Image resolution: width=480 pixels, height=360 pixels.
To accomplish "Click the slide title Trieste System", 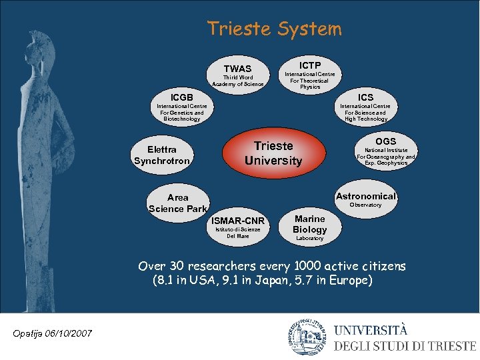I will point(274,29).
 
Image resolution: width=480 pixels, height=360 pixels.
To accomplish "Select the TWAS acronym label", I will point(237,69).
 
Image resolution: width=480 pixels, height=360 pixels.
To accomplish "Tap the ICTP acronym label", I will point(309,65).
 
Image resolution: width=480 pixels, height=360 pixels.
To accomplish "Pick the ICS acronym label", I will point(365,97).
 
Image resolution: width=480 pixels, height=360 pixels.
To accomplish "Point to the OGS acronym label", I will point(385,141).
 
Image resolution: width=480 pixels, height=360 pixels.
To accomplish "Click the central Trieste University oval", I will point(273,153).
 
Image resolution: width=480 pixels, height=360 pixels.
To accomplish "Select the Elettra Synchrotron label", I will point(162,155).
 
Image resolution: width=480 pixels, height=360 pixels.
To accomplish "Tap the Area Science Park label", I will point(178,203).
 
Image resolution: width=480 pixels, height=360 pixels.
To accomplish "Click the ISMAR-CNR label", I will point(238,221).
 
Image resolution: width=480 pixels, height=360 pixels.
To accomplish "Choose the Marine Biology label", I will point(310,224).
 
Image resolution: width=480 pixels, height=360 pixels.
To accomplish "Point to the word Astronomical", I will point(366,196).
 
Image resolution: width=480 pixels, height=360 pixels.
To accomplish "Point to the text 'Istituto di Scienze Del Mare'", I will point(238,233).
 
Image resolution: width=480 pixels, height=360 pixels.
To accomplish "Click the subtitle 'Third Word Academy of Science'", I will point(238,81).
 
